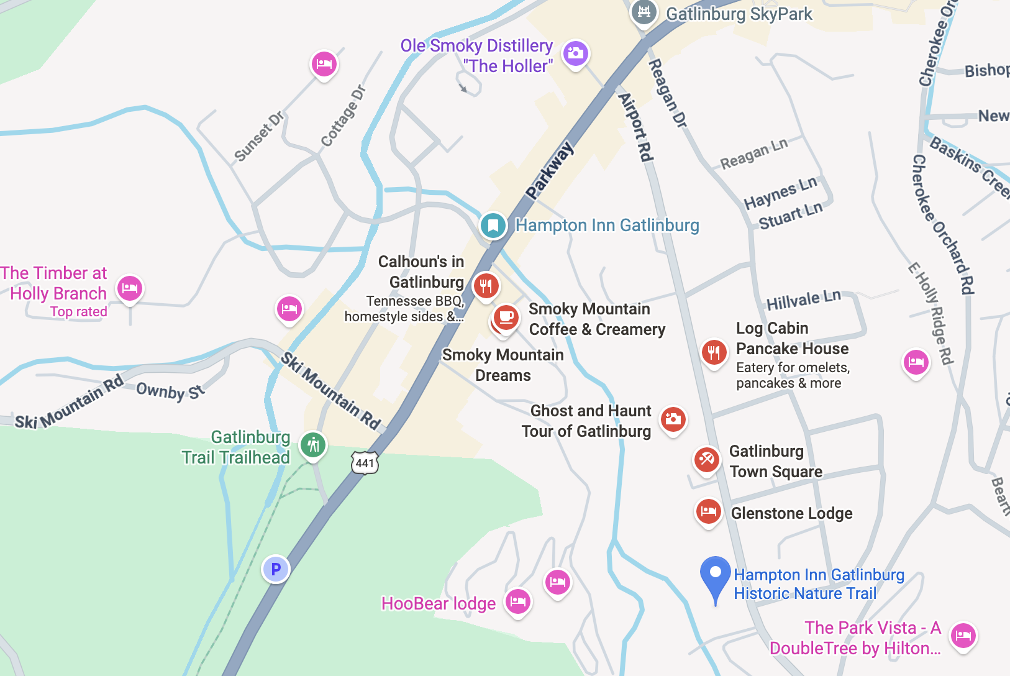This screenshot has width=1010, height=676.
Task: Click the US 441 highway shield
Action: tap(365, 463)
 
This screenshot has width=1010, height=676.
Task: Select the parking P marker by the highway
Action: tap(276, 569)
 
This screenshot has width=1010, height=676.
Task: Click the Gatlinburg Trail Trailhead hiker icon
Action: tap(313, 445)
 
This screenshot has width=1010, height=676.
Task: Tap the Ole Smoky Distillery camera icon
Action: tap(576, 53)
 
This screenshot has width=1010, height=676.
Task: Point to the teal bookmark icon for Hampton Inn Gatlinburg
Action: tap(493, 225)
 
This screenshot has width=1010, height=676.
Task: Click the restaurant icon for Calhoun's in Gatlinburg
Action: tap(486, 286)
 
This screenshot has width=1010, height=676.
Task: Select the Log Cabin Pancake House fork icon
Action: tap(714, 352)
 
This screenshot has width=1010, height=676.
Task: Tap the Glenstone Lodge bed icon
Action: tap(708, 512)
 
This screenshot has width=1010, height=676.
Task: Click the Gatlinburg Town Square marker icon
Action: tap(706, 460)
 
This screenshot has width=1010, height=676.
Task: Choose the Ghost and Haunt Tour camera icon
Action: tap(673, 419)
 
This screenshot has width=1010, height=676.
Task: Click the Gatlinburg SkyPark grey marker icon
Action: tap(644, 12)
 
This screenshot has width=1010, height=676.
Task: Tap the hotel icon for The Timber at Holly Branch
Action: tap(130, 288)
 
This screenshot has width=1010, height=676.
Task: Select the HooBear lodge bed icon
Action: tap(517, 601)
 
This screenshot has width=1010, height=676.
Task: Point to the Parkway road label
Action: tap(549, 171)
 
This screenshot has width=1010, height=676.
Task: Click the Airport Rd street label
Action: tap(636, 128)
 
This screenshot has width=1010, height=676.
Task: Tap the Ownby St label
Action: tap(170, 391)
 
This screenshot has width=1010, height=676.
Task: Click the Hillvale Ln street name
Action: tap(803, 300)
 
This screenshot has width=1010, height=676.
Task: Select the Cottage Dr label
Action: tap(343, 116)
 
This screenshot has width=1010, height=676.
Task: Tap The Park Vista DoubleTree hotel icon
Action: tap(963, 636)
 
